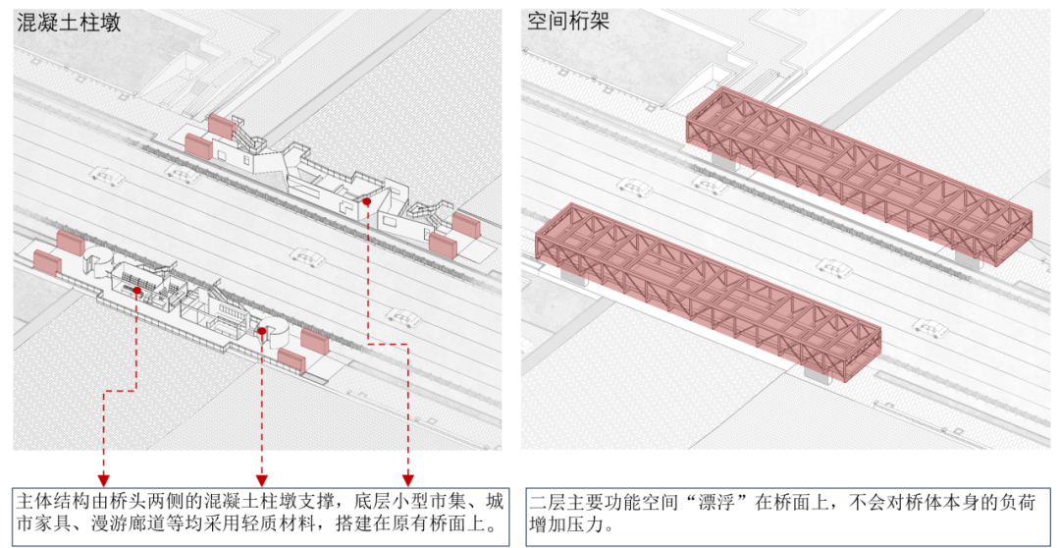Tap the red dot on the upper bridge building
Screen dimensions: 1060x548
(366, 201)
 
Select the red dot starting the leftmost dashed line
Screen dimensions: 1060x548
(137, 291)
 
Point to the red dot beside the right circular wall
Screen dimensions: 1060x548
(262, 331)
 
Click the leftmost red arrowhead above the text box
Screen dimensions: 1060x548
(103, 479)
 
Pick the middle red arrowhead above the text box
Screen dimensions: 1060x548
(262, 479)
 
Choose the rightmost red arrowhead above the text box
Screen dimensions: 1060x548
(407, 479)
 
